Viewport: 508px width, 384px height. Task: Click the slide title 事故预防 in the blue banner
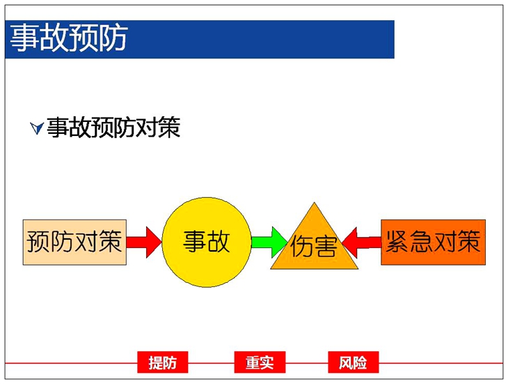[69, 38]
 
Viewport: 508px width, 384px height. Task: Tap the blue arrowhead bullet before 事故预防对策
[37, 128]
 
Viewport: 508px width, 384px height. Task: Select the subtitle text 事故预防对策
[113, 127]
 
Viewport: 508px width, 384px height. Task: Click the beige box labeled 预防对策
[74, 243]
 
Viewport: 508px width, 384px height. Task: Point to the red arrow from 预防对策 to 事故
[144, 242]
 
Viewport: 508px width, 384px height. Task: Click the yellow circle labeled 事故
[207, 242]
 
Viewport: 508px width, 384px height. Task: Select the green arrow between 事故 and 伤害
[269, 242]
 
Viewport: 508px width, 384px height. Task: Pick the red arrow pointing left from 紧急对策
[362, 243]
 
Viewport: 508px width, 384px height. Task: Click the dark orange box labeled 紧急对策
[433, 243]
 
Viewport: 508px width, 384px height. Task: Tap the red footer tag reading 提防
[163, 362]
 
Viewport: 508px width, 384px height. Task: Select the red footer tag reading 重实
[260, 362]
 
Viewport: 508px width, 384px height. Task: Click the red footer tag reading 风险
[354, 362]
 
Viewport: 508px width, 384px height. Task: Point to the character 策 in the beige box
[111, 241]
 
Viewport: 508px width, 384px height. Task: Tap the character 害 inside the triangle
[325, 247]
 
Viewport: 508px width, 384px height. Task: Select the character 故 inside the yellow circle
[219, 242]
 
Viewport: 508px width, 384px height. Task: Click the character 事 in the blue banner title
[24, 38]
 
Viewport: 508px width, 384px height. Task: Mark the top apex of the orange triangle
[314, 203]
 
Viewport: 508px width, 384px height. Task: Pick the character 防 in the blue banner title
[113, 38]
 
